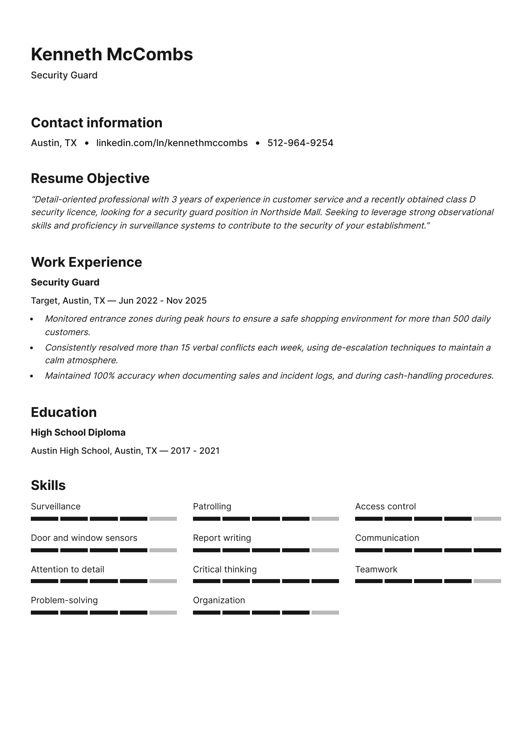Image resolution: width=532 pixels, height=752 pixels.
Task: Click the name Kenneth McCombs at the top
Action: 112,54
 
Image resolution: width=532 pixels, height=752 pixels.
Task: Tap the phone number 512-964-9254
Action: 300,143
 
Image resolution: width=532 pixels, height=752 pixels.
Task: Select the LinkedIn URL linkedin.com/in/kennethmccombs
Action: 172,143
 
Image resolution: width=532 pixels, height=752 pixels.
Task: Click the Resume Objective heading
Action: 90,178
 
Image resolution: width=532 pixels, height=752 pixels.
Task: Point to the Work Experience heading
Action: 86,262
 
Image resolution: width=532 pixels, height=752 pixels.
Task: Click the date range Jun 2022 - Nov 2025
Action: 162,301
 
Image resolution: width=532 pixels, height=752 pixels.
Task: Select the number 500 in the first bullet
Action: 461,319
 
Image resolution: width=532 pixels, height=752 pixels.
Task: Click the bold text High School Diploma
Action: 78,432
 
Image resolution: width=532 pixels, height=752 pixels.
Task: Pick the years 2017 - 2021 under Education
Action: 195,451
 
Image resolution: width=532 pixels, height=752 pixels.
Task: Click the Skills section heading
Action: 48,485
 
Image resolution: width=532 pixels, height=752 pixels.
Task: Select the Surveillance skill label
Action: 56,506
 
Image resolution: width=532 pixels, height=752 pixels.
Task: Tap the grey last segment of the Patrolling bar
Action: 325,519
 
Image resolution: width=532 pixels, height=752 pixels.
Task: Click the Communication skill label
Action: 387,538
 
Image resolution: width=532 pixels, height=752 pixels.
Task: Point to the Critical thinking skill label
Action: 225,569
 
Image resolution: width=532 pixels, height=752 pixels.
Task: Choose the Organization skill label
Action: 219,600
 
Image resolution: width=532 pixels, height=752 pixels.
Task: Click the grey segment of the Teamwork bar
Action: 487,581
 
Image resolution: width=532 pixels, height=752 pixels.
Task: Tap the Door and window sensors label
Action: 84,538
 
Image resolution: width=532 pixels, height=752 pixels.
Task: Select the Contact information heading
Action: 96,123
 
